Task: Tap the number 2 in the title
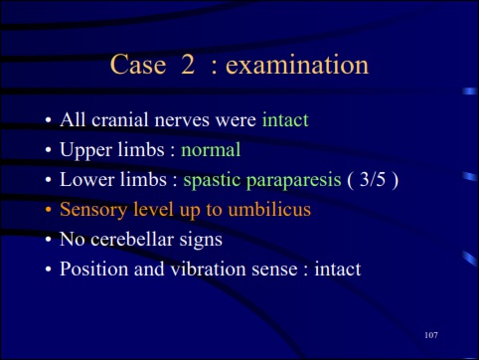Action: pyautogui.click(x=187, y=66)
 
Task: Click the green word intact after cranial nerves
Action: pyautogui.click(x=285, y=121)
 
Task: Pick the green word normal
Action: pyautogui.click(x=211, y=151)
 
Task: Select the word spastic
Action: pyautogui.click(x=210, y=181)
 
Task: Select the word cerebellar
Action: pyautogui.click(x=129, y=240)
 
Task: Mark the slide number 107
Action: pyautogui.click(x=429, y=334)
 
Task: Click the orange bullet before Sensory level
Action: pyautogui.click(x=47, y=211)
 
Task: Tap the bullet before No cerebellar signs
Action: pyautogui.click(x=47, y=241)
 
